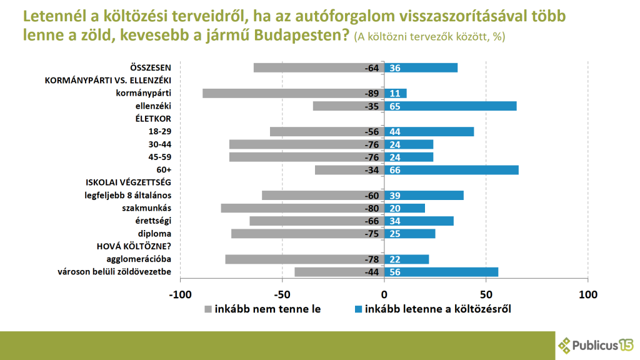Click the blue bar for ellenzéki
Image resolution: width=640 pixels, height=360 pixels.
[x=450, y=106]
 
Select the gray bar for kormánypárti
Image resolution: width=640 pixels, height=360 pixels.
[x=293, y=93]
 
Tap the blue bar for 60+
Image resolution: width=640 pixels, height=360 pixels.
[x=451, y=170]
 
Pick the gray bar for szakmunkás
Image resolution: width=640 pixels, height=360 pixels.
[x=302, y=208]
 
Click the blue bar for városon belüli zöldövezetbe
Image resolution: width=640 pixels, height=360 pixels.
[x=441, y=272]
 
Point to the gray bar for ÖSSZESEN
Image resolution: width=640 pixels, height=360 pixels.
[x=319, y=67]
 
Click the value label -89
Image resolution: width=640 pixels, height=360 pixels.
[x=372, y=93]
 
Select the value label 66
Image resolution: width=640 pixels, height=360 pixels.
[x=395, y=170]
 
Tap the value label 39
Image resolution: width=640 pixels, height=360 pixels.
[x=395, y=196]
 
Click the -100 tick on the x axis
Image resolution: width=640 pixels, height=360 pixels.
[x=180, y=294]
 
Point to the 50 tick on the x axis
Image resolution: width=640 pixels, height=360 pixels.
[x=486, y=294]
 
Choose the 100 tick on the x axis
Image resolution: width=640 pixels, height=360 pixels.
[x=587, y=294]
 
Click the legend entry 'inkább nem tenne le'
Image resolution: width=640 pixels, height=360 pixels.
[x=262, y=309]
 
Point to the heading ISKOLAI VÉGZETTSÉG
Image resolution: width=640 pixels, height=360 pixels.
[x=128, y=182]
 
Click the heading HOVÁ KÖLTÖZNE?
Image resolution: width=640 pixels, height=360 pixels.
[x=133, y=246]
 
